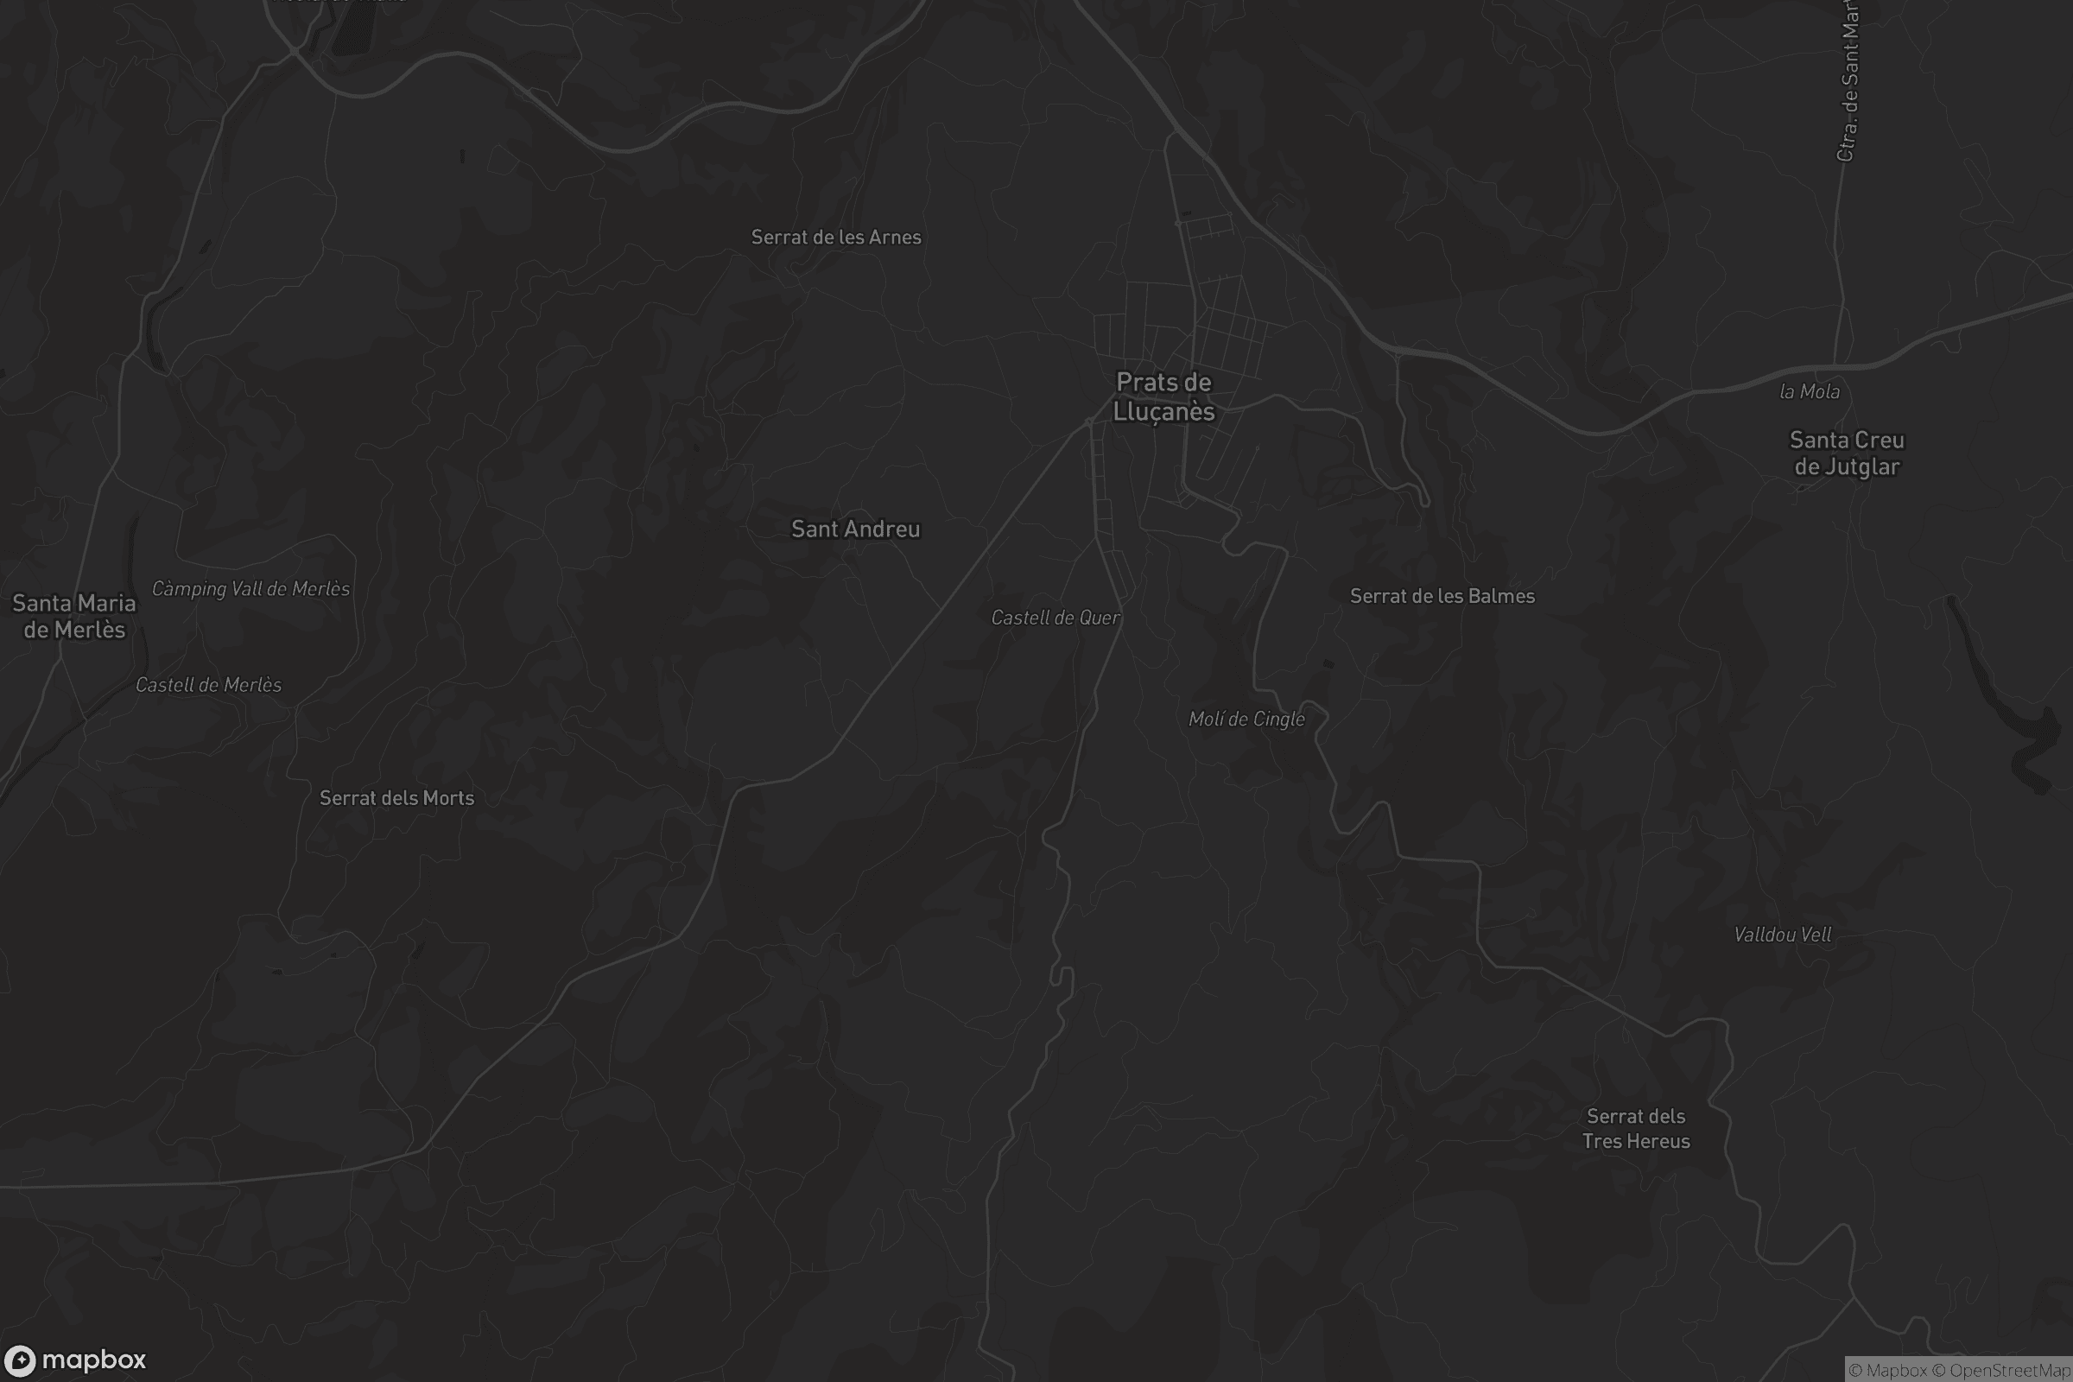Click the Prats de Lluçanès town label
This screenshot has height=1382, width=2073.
(x=1163, y=396)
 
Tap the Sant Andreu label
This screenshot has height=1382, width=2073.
(x=855, y=529)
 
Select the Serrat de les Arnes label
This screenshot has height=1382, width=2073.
(x=835, y=237)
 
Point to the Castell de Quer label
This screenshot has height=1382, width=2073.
(x=1055, y=618)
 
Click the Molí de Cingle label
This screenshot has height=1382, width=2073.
(x=1246, y=720)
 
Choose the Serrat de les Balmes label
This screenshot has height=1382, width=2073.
(x=1442, y=597)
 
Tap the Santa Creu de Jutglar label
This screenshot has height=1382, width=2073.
(x=1847, y=453)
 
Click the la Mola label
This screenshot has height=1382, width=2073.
(x=1810, y=392)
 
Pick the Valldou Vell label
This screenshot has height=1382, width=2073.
(x=1782, y=935)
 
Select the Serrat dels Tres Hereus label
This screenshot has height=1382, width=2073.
(x=1636, y=1129)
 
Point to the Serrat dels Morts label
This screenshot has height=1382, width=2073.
(x=396, y=798)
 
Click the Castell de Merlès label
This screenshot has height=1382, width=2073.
(x=209, y=686)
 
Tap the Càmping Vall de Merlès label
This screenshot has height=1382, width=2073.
(x=251, y=589)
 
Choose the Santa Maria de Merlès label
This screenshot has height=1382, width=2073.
(x=74, y=616)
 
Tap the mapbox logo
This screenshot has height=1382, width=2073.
(x=75, y=1360)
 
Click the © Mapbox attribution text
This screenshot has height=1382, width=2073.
(x=1888, y=1371)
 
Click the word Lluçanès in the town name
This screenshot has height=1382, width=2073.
(x=1163, y=413)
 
